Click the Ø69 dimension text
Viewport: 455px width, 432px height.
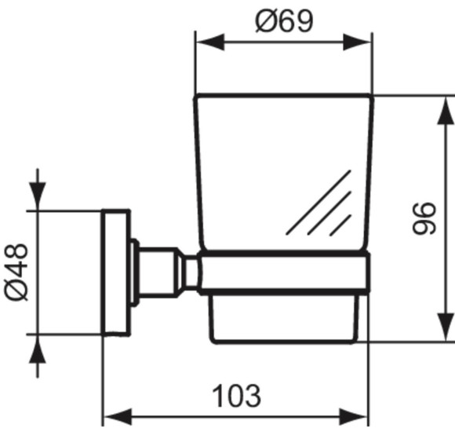tap(283, 21)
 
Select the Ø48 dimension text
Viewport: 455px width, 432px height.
tap(16, 270)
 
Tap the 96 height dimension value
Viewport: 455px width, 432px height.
tap(424, 218)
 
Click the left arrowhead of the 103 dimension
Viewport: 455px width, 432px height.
tap(115, 416)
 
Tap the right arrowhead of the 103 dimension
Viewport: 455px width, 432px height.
tap(358, 416)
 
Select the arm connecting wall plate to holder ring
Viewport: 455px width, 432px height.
tap(165, 272)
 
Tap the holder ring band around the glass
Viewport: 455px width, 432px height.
tap(282, 273)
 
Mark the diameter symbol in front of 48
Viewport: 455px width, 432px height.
tap(16, 289)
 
